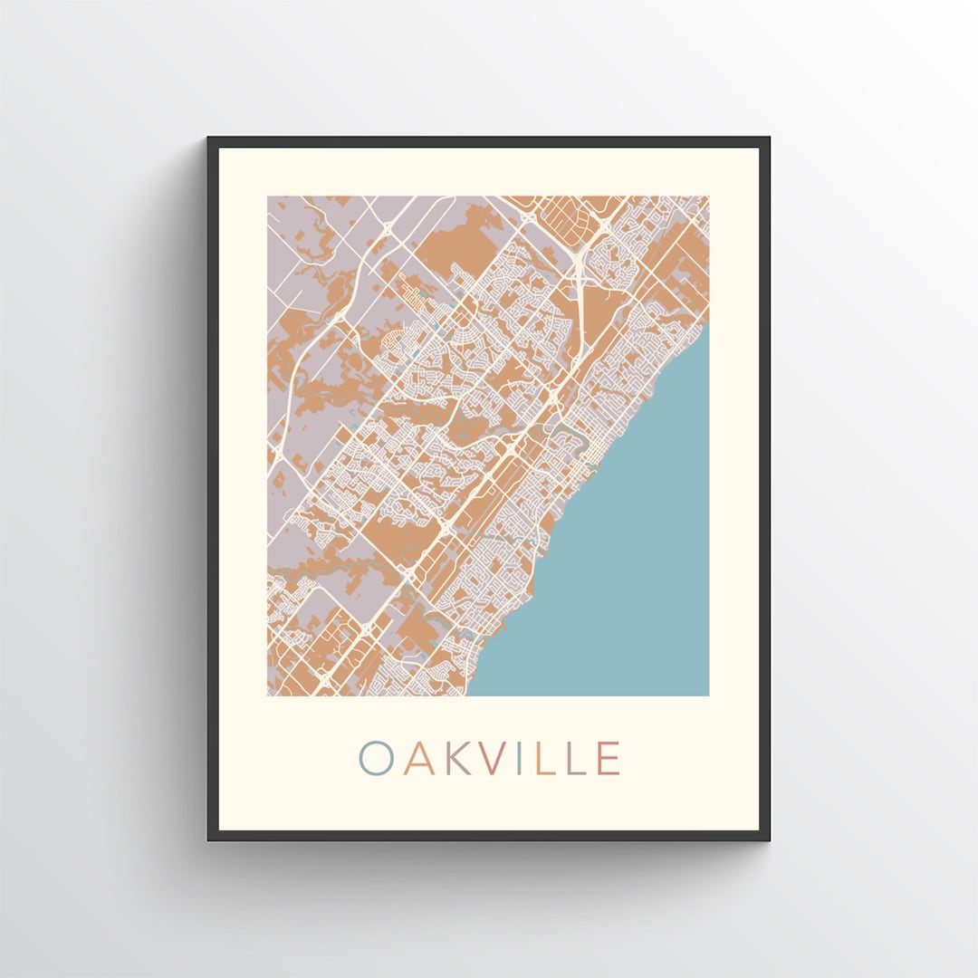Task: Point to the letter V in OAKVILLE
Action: (497, 758)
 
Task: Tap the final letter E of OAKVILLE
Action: (609, 758)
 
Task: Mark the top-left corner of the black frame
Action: (209, 139)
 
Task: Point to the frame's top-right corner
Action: (768, 139)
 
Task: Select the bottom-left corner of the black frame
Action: (209, 839)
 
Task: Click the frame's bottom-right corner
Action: (768, 839)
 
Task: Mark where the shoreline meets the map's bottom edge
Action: (468, 695)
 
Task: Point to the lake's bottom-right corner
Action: (707, 695)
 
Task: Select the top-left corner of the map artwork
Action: (268, 197)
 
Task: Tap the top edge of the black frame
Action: (489, 140)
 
